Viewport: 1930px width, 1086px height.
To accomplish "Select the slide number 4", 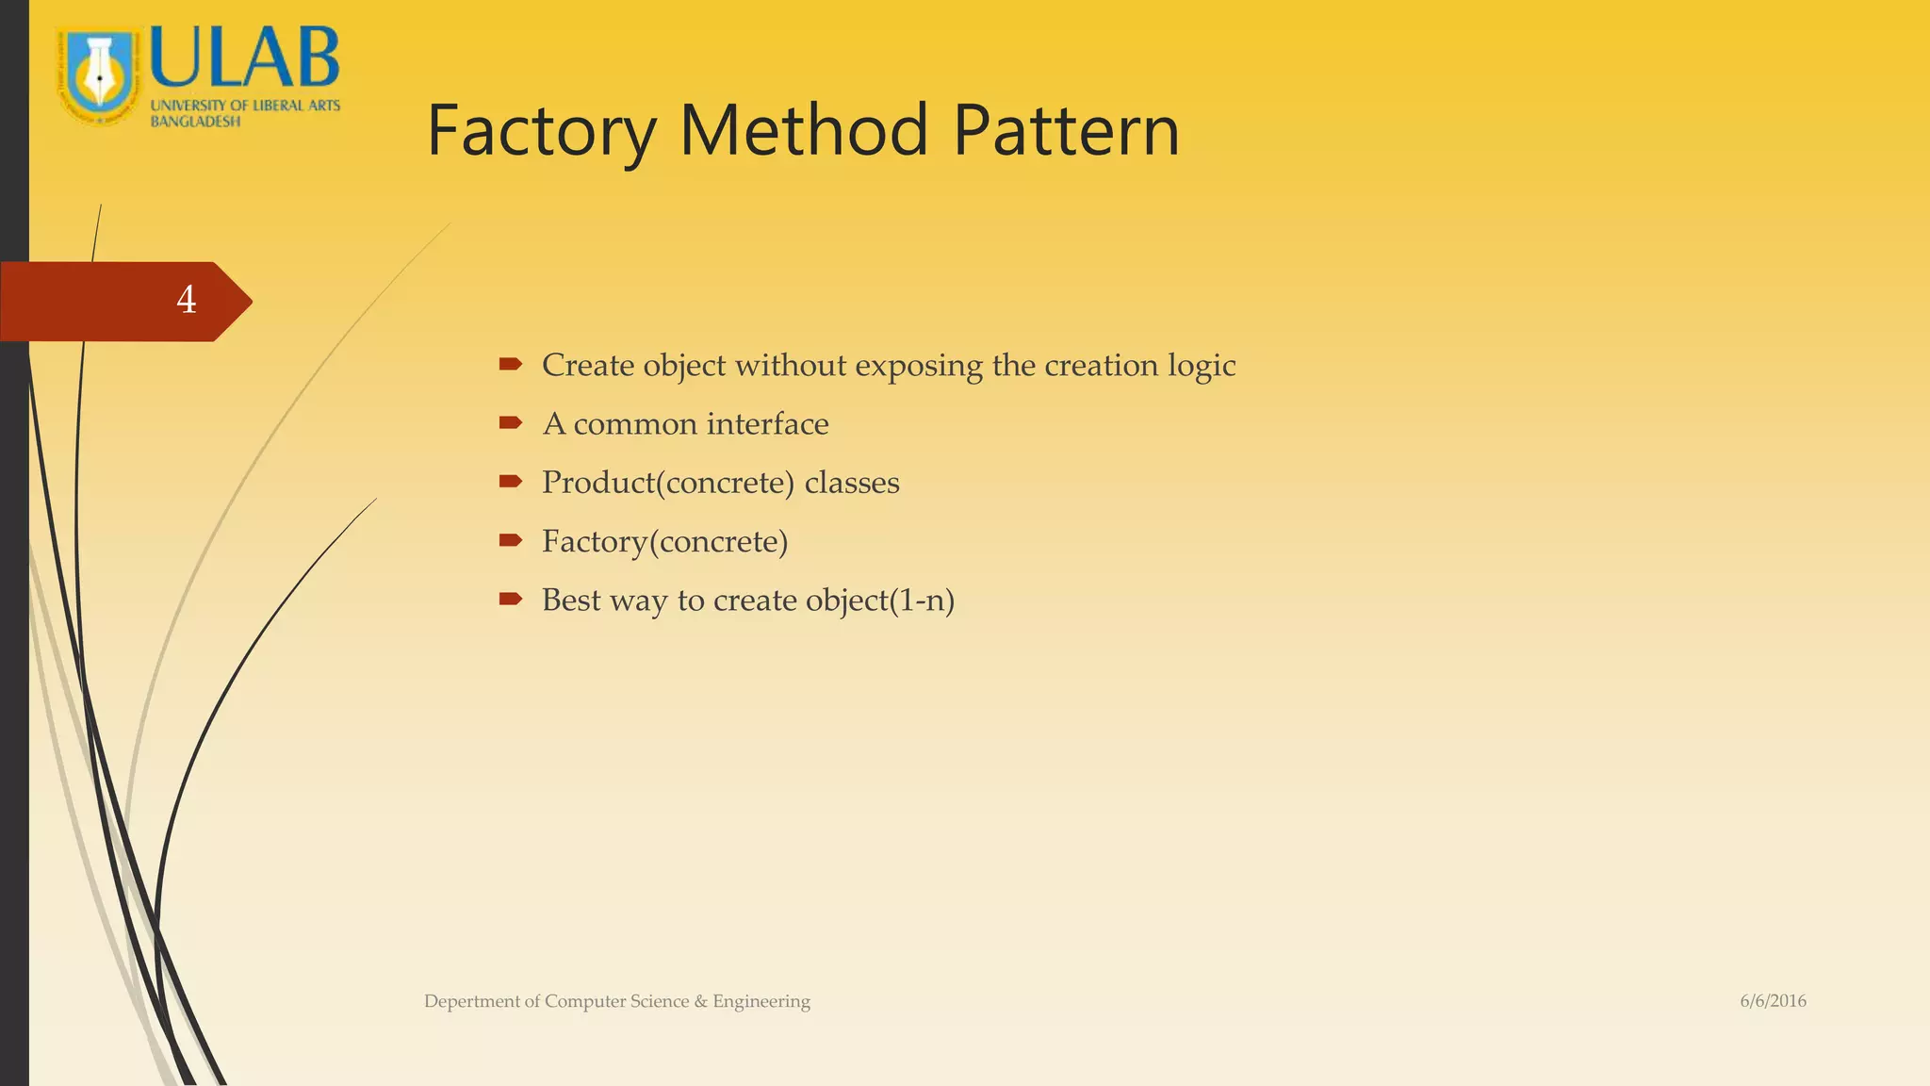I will pyautogui.click(x=187, y=300).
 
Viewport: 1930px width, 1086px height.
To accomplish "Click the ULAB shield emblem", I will pyautogui.click(x=98, y=75).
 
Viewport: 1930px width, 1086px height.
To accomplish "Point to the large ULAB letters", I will pyautogui.click(x=244, y=58).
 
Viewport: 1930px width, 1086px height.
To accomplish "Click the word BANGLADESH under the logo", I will pyautogui.click(x=195, y=122).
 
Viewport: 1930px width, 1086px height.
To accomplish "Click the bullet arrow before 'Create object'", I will pyautogui.click(x=511, y=364).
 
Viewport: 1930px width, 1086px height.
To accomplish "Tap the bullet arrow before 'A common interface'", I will pyautogui.click(x=511, y=422).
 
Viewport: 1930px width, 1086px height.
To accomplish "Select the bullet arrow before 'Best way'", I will pyautogui.click(x=511, y=599).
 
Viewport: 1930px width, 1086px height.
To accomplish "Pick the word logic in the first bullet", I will pyautogui.click(x=1202, y=366).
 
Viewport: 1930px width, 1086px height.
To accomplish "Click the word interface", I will pyautogui.click(x=767, y=424).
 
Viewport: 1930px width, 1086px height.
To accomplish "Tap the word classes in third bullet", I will pyautogui.click(x=852, y=483).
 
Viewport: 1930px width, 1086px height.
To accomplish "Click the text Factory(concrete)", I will pyautogui.click(x=664, y=542).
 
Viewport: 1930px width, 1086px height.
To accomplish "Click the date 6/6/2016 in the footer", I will pyautogui.click(x=1773, y=1001).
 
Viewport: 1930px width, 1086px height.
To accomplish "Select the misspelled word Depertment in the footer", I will pyautogui.click(x=470, y=1001).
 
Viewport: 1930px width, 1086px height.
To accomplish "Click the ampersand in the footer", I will pyautogui.click(x=700, y=1001).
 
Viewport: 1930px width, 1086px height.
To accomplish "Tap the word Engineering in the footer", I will pyautogui.click(x=761, y=1001).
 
